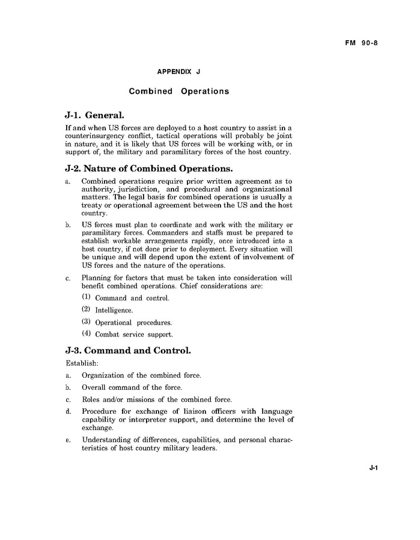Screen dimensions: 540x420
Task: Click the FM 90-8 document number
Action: point(361,43)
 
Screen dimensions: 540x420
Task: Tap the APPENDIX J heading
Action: point(178,71)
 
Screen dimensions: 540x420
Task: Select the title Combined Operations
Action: point(178,91)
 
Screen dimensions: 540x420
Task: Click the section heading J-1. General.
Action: point(94,115)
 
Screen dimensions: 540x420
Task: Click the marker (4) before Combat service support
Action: point(86,334)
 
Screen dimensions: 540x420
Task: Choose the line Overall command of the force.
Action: point(132,387)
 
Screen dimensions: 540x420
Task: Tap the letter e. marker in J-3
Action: point(68,440)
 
